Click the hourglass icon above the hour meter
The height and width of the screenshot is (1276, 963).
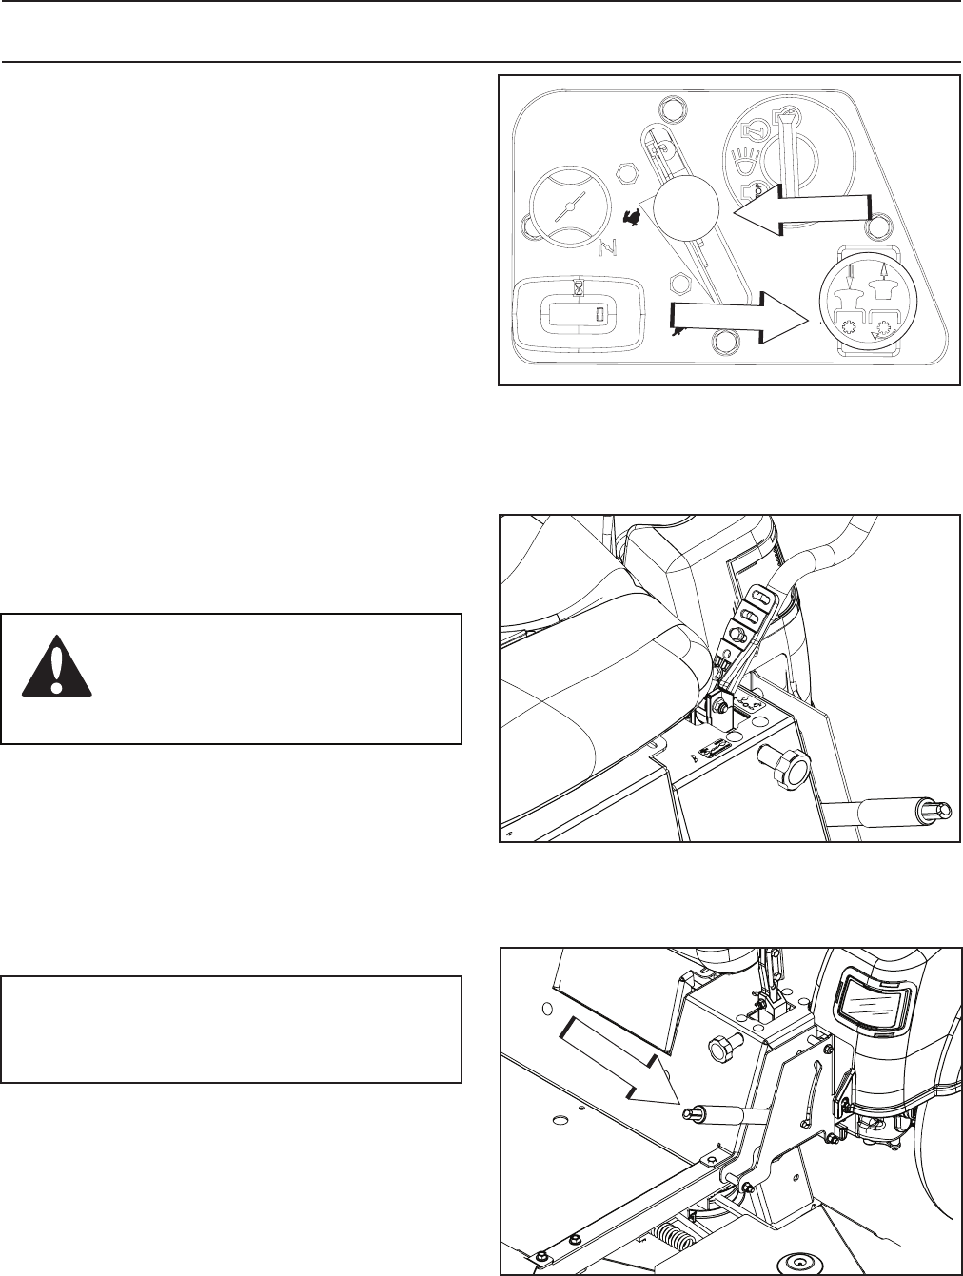coord(579,285)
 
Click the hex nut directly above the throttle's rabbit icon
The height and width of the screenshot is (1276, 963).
coord(627,173)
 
